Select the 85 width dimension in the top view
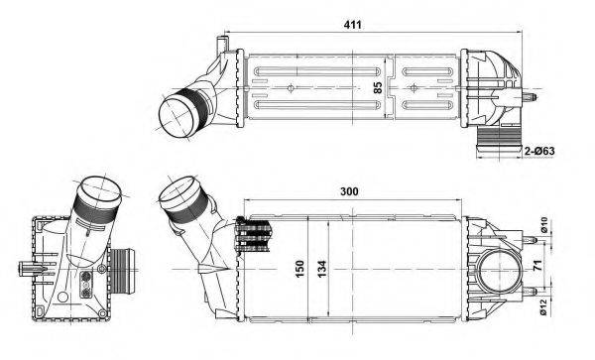(377, 88)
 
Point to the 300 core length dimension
(348, 190)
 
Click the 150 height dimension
(298, 268)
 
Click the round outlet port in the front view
(497, 271)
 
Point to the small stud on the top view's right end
(535, 98)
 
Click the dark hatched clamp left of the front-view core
(253, 239)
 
